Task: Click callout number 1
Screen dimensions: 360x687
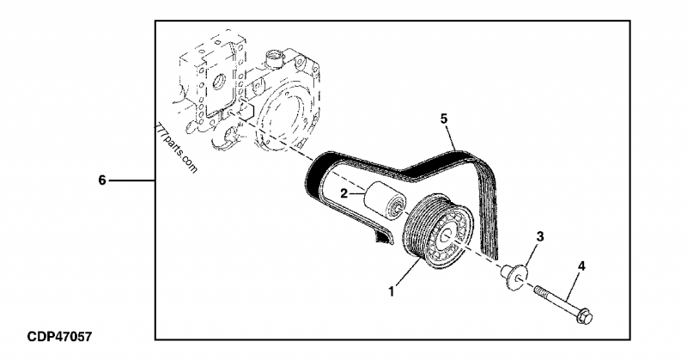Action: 392,292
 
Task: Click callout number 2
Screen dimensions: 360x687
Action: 343,194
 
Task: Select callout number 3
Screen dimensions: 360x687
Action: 539,235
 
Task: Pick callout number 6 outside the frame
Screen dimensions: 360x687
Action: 101,181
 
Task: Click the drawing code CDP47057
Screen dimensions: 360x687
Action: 58,336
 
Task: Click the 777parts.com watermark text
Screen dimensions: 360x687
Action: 176,147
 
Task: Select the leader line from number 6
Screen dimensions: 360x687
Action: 132,181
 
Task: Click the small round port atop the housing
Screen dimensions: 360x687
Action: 275,59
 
